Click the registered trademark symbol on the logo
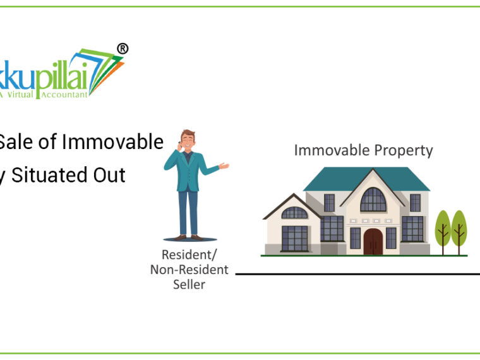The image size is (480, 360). coord(123,49)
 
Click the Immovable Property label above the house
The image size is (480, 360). coord(363,150)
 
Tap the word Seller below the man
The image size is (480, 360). coord(189,284)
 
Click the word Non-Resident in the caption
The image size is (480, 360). coord(189,270)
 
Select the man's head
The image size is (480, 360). coord(188,139)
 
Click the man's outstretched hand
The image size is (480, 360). coord(224,166)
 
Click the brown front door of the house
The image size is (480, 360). coord(373,241)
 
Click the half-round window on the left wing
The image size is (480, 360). coord(294,213)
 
